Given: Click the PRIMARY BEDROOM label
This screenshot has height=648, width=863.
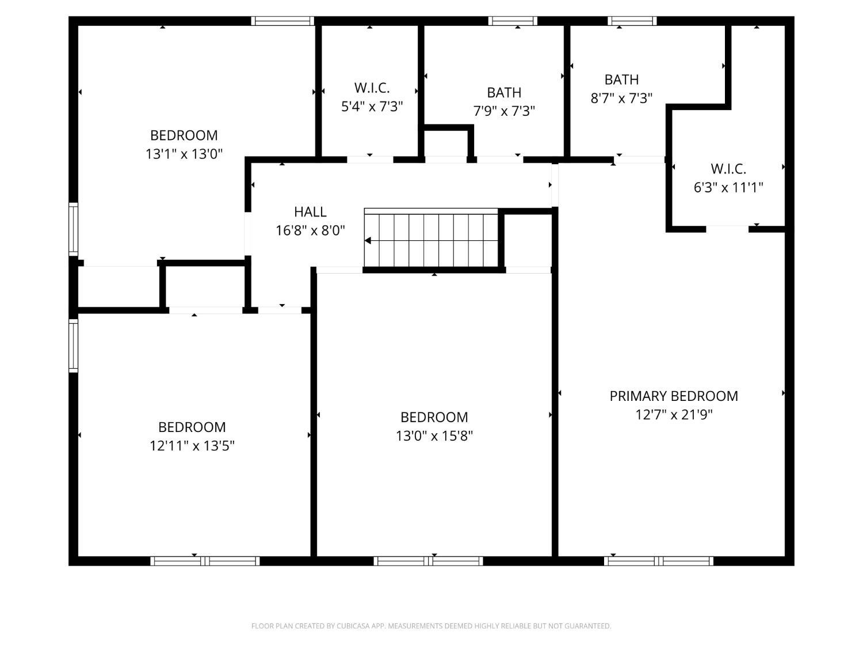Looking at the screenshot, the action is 674,396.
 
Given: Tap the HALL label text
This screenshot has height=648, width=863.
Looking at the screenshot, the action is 310,212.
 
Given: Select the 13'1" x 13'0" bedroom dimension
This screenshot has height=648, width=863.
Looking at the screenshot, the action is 184,154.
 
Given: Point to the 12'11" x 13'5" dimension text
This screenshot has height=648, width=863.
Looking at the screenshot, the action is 192,446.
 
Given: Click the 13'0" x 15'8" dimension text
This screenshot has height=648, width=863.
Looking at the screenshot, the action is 434,436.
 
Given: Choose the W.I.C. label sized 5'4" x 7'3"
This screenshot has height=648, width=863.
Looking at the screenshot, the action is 372,88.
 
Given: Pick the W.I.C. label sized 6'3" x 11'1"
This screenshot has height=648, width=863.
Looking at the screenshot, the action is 728,169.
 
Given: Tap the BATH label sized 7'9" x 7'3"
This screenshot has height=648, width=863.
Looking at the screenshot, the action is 504,93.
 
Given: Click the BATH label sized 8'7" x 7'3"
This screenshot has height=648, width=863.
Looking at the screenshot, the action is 621,80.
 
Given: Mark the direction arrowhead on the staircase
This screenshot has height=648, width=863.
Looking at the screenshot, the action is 368,240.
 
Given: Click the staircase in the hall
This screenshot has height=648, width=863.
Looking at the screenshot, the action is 431,238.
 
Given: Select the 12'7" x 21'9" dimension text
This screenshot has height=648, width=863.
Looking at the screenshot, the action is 674,415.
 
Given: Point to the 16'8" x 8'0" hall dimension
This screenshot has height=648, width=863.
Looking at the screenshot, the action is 310,230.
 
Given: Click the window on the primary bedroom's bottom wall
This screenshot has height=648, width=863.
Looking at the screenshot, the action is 659,561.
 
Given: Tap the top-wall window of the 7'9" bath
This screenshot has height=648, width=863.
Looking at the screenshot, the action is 513,21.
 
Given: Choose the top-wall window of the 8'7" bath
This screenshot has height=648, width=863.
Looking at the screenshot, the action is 632,21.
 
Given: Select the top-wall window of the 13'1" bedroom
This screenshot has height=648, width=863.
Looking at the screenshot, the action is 282,21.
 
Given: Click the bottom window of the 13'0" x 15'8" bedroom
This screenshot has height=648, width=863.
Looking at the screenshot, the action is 428,561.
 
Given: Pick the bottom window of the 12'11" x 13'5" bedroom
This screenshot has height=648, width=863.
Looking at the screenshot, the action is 205,561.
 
